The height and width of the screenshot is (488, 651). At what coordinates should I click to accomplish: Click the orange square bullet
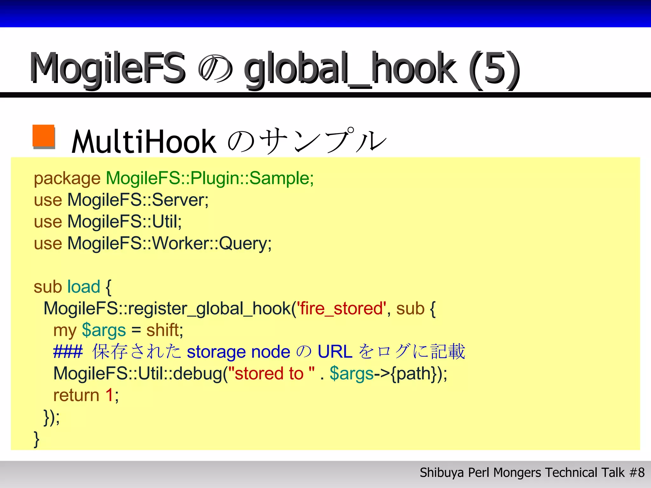click(x=44, y=136)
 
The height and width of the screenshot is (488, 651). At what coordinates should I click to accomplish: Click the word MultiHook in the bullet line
click(x=144, y=142)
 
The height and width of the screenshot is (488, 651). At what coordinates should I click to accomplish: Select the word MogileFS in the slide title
click(x=107, y=69)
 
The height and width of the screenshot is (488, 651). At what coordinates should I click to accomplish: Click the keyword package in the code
click(x=67, y=179)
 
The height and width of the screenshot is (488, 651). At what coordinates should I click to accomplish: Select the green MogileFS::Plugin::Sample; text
click(x=210, y=178)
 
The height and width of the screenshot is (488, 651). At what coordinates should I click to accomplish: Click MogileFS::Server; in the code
click(x=138, y=200)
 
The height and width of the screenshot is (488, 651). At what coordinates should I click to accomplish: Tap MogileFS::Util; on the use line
click(x=125, y=222)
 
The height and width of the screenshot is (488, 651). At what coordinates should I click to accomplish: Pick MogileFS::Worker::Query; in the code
click(x=169, y=244)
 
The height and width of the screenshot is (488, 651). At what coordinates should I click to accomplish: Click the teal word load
click(x=84, y=287)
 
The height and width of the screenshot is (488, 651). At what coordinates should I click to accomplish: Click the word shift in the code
click(x=163, y=330)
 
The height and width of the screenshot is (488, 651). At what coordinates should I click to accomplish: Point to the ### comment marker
click(x=68, y=352)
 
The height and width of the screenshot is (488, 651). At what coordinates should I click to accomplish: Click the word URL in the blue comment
click(x=335, y=352)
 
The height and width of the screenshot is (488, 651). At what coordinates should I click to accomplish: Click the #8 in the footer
click(x=637, y=473)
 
